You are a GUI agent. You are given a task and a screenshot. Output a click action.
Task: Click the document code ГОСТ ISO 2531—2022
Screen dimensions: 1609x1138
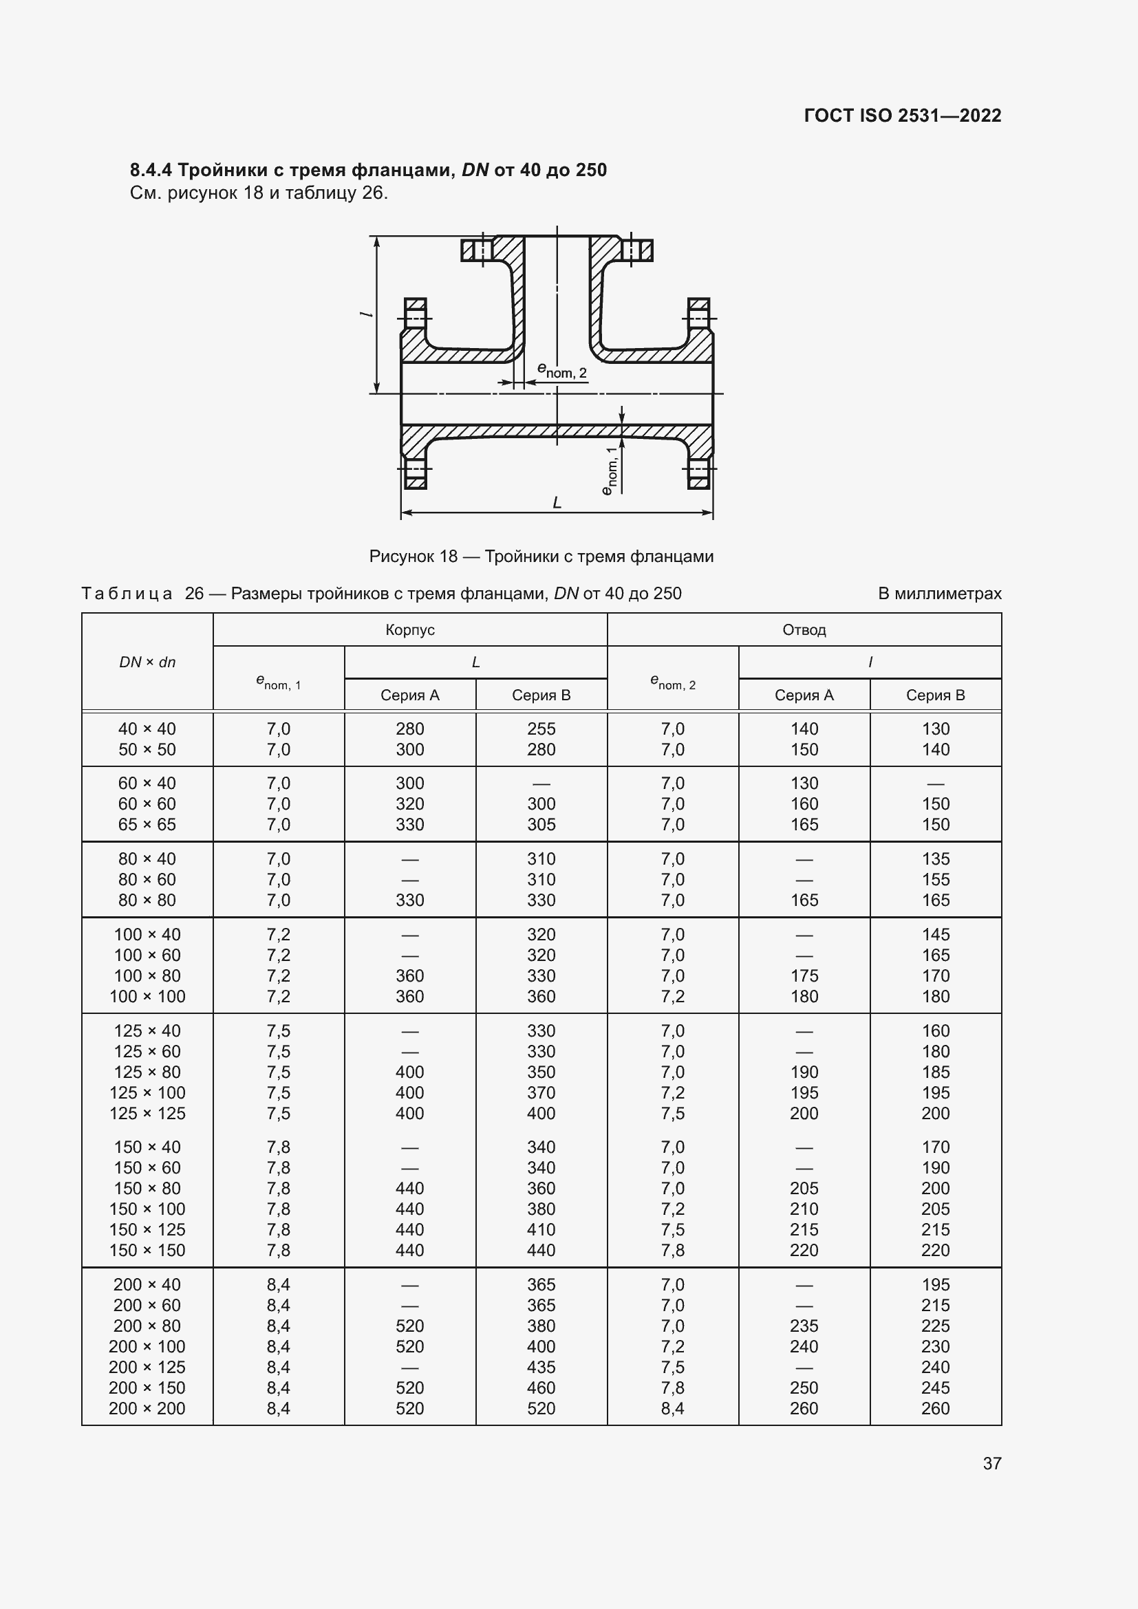(902, 116)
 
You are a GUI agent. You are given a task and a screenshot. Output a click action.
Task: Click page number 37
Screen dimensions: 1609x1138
(991, 1462)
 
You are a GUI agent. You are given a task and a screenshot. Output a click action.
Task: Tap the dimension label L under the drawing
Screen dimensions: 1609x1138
(557, 501)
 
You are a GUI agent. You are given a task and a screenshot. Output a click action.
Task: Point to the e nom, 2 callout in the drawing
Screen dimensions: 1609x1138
(561, 370)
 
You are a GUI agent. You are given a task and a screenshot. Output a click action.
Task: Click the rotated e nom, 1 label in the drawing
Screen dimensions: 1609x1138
(610, 471)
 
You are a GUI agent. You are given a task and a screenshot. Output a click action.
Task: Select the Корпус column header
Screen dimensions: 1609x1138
(410, 629)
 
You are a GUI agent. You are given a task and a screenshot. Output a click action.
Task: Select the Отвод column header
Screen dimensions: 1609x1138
(804, 629)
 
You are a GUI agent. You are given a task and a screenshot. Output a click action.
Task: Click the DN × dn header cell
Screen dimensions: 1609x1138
(147, 662)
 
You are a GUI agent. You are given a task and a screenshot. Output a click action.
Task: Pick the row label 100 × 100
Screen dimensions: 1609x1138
(147, 996)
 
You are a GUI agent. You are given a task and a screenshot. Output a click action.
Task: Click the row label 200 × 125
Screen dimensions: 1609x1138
(147, 1367)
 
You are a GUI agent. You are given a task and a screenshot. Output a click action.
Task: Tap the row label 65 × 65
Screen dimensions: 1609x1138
(147, 824)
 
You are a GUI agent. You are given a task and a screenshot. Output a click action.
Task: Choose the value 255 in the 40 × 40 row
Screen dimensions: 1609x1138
(541, 728)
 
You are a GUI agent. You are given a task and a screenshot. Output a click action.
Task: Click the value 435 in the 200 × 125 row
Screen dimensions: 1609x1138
(541, 1367)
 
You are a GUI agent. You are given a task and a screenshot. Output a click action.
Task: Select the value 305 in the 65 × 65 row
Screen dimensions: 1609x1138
(541, 824)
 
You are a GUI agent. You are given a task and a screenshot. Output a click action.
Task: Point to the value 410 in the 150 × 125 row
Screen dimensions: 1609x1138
(541, 1229)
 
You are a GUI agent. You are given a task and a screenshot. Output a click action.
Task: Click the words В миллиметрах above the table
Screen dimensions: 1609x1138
(939, 594)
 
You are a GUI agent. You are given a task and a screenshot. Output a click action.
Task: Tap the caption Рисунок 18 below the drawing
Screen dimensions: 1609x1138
(413, 556)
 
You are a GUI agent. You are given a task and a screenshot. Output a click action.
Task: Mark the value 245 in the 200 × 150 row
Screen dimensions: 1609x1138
(935, 1387)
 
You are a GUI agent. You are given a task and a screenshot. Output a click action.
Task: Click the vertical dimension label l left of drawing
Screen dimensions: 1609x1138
(365, 313)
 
